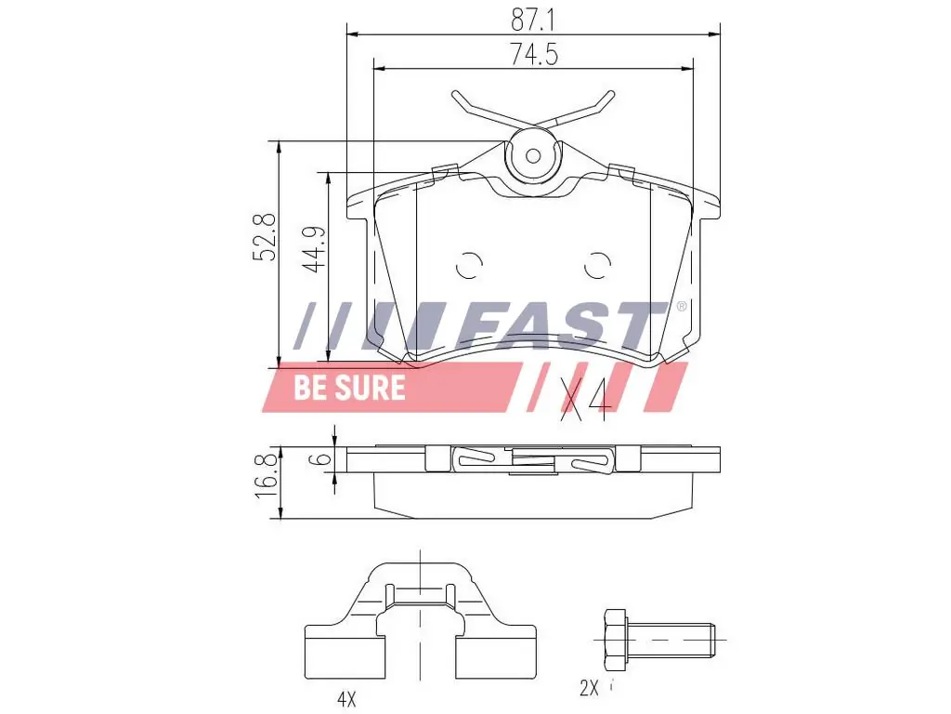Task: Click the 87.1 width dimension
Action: pyautogui.click(x=533, y=19)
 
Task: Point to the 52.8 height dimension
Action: pyautogui.click(x=266, y=236)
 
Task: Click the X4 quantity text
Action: pyautogui.click(x=584, y=400)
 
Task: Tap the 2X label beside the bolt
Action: pyautogui.click(x=590, y=689)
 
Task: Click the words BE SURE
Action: pyautogui.click(x=350, y=387)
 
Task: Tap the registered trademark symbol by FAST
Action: pyautogui.click(x=681, y=306)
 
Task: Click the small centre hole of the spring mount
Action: pyautogui.click(x=533, y=155)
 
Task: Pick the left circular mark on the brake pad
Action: pyautogui.click(x=470, y=266)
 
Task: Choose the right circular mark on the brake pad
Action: pyautogui.click(x=597, y=266)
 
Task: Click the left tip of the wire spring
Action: pyautogui.click(x=456, y=94)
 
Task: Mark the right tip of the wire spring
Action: pyautogui.click(x=610, y=94)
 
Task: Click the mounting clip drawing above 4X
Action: pyautogui.click(x=420, y=617)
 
